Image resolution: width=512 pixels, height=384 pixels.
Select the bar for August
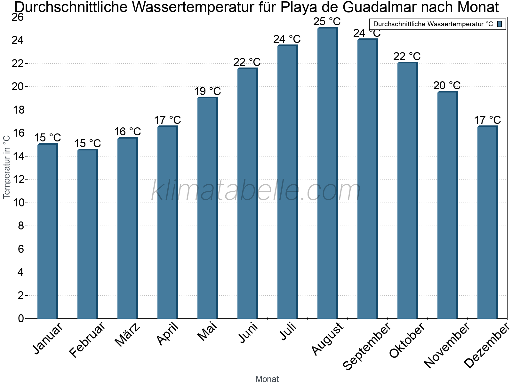(x=327, y=173)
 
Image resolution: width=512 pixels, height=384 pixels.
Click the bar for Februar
(x=87, y=234)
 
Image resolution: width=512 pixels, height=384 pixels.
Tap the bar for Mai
(x=207, y=208)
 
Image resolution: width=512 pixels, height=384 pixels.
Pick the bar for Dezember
(x=487, y=222)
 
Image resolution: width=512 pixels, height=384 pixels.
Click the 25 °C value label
(x=327, y=22)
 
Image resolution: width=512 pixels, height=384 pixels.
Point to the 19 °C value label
(x=207, y=91)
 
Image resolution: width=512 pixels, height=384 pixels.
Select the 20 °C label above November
(x=447, y=85)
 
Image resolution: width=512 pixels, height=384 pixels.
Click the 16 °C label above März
(x=127, y=132)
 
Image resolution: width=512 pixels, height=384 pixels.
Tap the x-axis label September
(x=367, y=346)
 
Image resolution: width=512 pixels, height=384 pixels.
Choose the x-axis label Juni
(x=248, y=333)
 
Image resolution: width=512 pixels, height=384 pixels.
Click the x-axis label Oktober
(x=407, y=340)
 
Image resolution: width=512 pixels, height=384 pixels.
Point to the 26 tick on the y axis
(x=18, y=17)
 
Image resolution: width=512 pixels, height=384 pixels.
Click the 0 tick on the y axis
(x=21, y=318)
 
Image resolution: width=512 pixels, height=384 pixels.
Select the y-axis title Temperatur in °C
(x=7, y=167)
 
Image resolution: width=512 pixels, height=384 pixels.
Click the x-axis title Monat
(x=267, y=379)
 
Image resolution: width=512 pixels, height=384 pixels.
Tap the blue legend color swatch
(x=500, y=24)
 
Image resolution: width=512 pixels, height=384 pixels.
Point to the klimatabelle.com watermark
(x=256, y=190)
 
